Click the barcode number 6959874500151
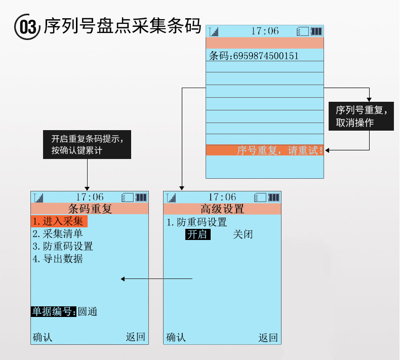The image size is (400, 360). tap(266, 56)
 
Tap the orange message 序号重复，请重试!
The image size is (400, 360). tap(279, 150)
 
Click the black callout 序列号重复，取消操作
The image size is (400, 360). tap(361, 116)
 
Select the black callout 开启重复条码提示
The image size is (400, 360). tap(88, 144)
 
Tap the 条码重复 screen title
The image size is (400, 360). tap(90, 209)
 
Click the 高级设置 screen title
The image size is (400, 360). tap(222, 209)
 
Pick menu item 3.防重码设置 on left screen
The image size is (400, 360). tap(63, 247)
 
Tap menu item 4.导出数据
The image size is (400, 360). tap(58, 259)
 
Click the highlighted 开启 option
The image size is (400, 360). tap(197, 234)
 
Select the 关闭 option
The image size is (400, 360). tap(243, 234)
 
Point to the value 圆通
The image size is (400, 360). tap(88, 312)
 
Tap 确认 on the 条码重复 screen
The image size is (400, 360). tap(43, 337)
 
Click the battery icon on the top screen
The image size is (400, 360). tap(316, 31)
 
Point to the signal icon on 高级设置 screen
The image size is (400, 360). tap(172, 197)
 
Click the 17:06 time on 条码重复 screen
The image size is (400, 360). tap(90, 197)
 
